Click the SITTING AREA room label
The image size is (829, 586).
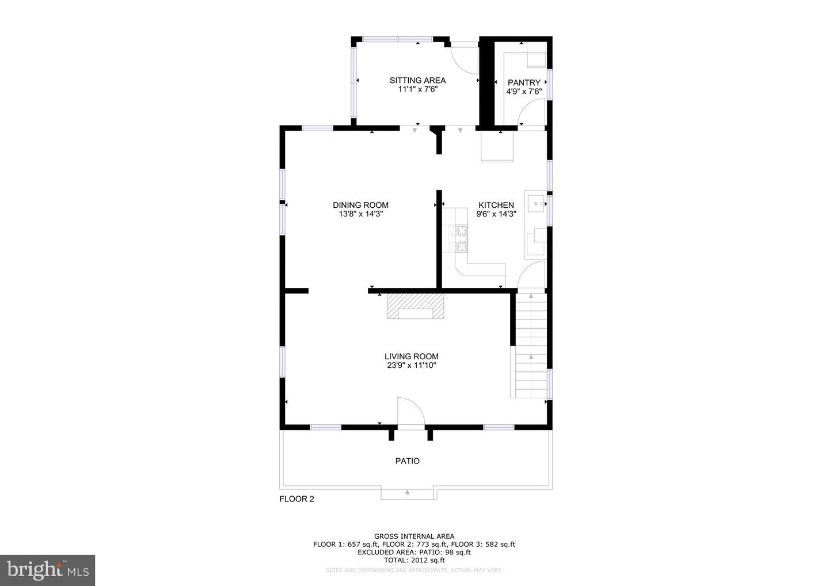[x=417, y=80]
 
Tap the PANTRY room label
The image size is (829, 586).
[x=524, y=82]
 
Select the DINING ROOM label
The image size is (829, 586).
[x=360, y=205]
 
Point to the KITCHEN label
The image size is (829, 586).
[x=496, y=205]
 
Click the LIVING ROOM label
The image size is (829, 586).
[x=411, y=356]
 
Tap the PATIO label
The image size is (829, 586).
[x=408, y=461]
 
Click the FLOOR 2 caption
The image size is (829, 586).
[x=296, y=499]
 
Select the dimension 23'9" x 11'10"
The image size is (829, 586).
[x=411, y=366]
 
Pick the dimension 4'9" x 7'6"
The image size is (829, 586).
[x=524, y=92]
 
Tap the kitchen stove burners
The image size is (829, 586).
[x=458, y=239]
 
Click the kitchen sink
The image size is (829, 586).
[x=536, y=203]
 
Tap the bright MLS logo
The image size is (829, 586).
[x=47, y=570]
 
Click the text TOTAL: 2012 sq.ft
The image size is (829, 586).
[x=414, y=560]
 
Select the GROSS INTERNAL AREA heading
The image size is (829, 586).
[x=414, y=536]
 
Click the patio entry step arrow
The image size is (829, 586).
[x=407, y=492]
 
